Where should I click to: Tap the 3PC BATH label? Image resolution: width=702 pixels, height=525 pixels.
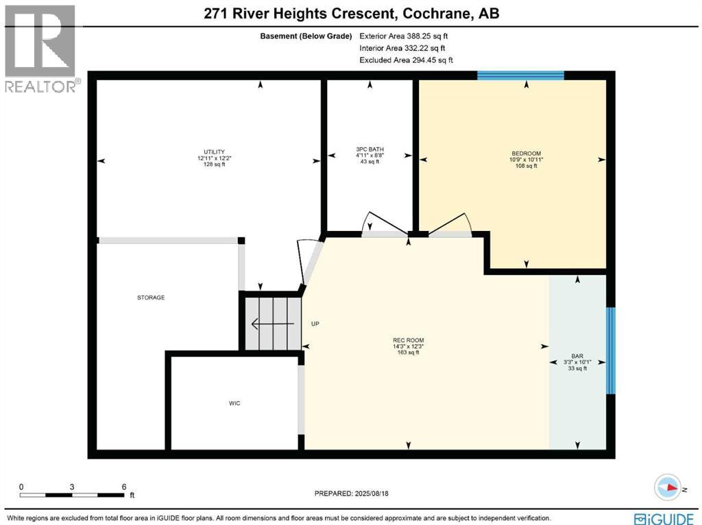(x=370, y=149)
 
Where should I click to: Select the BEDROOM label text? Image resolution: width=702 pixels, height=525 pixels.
(x=526, y=153)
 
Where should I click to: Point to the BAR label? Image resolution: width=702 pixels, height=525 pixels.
(x=577, y=356)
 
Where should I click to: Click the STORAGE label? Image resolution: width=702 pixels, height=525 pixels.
(x=150, y=297)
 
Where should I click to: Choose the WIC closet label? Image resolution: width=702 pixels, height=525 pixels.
(x=234, y=403)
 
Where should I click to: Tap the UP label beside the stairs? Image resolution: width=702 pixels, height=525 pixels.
(x=316, y=323)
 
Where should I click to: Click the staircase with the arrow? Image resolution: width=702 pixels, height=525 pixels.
(x=273, y=323)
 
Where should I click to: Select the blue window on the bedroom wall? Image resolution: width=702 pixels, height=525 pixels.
(x=520, y=75)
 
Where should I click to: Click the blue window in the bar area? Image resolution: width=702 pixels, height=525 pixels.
(x=610, y=351)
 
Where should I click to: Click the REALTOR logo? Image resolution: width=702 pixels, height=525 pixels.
(x=41, y=48)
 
